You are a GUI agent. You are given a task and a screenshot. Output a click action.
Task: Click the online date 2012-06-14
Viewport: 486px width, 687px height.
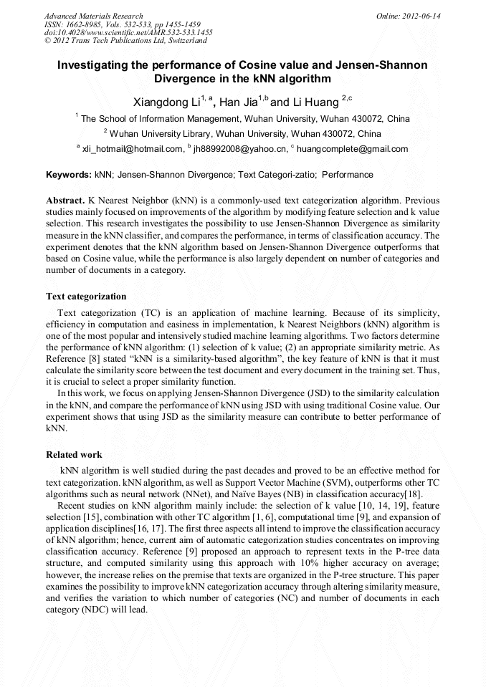(422, 16)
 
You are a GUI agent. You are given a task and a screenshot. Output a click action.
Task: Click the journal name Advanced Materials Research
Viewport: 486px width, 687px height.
(93, 16)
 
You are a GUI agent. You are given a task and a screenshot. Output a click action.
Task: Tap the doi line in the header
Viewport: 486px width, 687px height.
(128, 33)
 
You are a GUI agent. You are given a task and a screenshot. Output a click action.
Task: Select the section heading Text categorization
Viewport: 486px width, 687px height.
(86, 296)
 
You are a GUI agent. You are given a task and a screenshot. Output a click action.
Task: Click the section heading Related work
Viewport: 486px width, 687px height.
(74, 454)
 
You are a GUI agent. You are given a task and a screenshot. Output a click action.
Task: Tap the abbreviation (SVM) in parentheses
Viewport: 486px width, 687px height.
(329, 483)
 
